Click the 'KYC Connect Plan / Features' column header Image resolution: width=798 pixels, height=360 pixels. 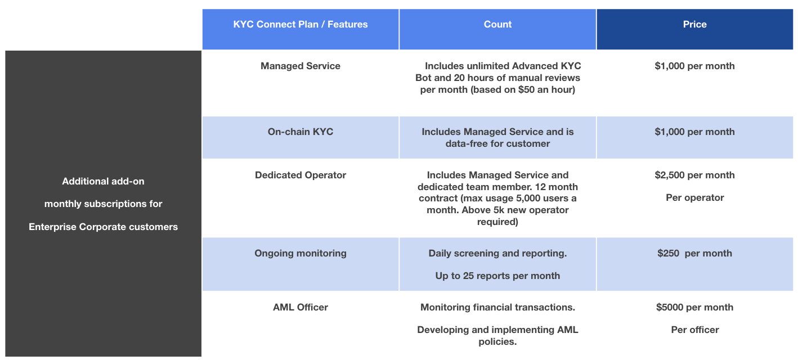(301, 24)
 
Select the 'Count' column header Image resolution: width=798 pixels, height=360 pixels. (497, 24)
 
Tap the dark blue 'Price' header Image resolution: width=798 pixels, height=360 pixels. (694, 24)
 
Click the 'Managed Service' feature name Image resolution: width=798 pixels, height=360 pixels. (301, 66)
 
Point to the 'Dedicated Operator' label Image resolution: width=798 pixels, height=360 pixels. (301, 175)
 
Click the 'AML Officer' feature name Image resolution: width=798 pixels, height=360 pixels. (301, 307)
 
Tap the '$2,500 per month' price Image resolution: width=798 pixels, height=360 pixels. (694, 175)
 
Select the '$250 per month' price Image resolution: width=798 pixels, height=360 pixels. (694, 253)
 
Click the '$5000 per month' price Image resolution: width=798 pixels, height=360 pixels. (694, 307)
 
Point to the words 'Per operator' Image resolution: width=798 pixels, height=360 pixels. (694, 197)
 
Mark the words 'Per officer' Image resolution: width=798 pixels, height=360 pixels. (694, 330)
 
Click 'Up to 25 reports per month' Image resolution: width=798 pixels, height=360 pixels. (497, 276)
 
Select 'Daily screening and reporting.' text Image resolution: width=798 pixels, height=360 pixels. (497, 253)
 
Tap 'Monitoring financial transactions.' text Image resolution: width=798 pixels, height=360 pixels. (497, 307)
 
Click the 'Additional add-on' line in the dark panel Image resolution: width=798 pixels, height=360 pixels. (104, 181)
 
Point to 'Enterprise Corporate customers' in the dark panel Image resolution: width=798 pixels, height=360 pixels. (104, 227)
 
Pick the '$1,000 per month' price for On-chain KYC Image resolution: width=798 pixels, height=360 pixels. (694, 132)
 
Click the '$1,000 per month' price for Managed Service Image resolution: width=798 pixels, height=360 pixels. (694, 66)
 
